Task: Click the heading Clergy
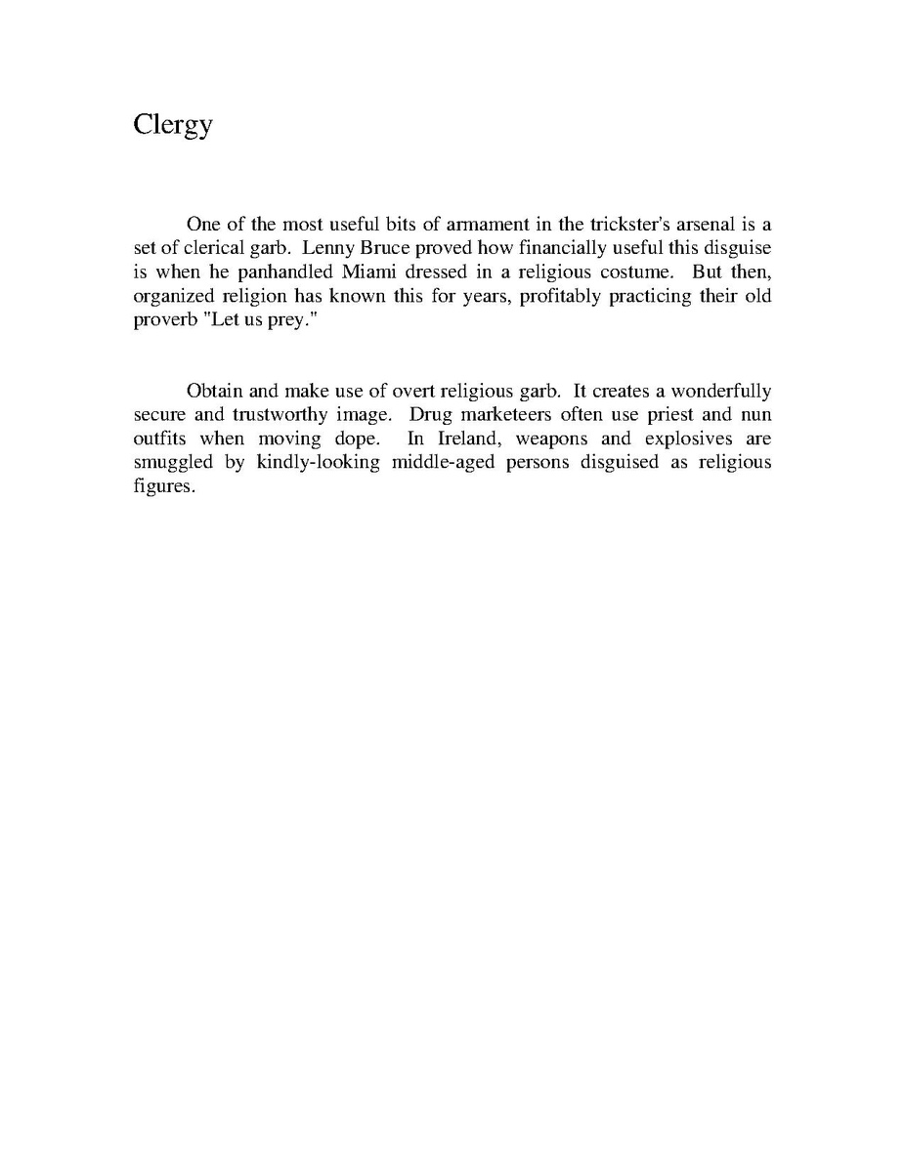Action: pos(172,126)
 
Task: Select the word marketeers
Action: pos(500,414)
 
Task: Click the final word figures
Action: pos(164,486)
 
